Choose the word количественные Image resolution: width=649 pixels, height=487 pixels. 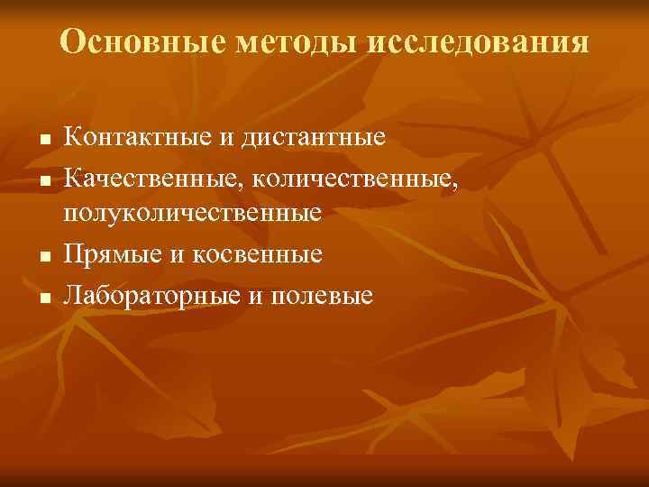(x=355, y=177)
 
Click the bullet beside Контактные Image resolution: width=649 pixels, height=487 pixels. (x=42, y=141)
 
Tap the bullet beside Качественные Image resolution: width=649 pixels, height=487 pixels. (x=42, y=179)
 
